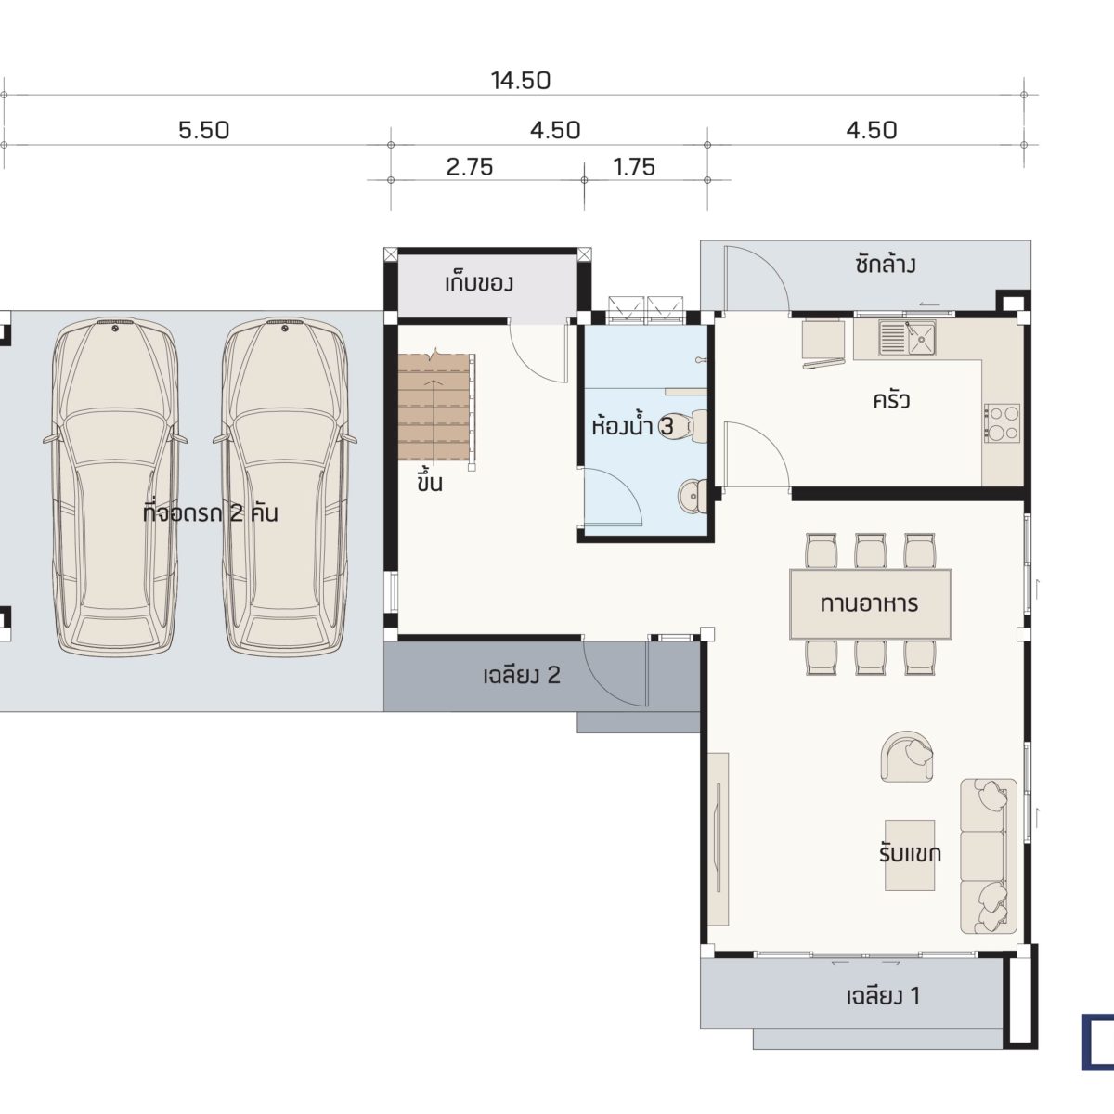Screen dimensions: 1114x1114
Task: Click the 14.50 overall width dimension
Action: pos(520,81)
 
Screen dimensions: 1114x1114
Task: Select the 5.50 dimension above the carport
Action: pos(203,131)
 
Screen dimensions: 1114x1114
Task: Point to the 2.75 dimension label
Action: pos(470,167)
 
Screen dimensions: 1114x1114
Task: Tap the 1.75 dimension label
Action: pos(634,167)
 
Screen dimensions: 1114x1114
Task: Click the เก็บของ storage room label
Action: pos(479,283)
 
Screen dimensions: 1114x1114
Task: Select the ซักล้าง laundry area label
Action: pos(885,265)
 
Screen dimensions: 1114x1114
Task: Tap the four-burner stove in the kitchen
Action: pos(1003,423)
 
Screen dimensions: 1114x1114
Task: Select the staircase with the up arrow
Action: pos(436,407)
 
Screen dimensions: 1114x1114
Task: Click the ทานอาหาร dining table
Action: pos(870,603)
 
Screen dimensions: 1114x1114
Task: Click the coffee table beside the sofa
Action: pos(910,854)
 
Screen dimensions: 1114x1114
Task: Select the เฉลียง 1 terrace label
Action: pos(883,996)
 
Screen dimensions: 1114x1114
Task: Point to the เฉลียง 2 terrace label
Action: pos(522,675)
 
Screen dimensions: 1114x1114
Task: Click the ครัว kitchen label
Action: pos(891,401)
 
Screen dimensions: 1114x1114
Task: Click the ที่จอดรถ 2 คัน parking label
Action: pos(210,512)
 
